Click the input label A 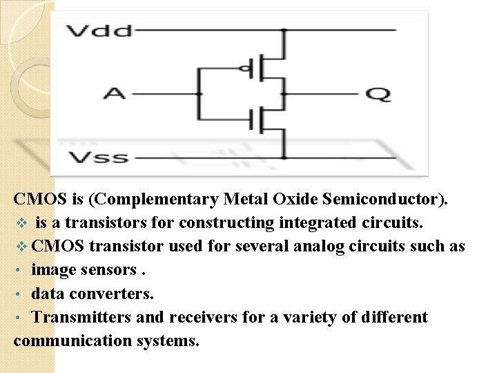point(115,92)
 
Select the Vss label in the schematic point(98,157)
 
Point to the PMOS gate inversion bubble point(242,68)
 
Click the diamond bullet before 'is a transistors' point(21,223)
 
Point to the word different point(391,317)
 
